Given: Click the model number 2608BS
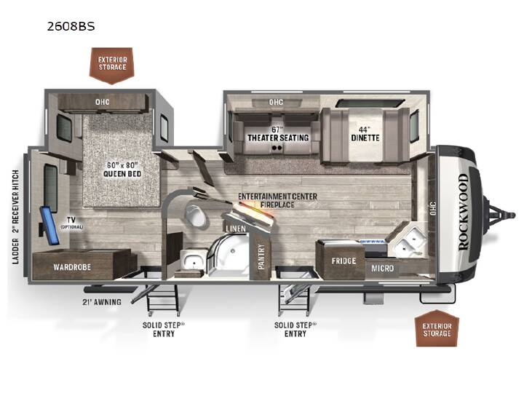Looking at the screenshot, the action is tap(71, 26).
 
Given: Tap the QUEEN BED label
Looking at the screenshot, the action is tap(122, 174).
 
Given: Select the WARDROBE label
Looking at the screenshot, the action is tap(72, 267).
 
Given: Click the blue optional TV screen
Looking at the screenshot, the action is tap(49, 225).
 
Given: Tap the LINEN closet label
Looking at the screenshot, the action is tap(236, 229).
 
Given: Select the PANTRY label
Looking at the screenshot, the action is tap(261, 256).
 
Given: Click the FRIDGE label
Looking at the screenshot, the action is tap(344, 261).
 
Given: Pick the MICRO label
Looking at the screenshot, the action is tap(382, 268).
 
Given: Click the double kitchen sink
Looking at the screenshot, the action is tap(409, 241).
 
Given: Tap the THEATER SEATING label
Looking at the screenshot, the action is tap(278, 138).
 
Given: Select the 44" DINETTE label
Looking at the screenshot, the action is tap(365, 134).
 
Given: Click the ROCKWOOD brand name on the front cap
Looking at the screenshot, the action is tap(464, 213).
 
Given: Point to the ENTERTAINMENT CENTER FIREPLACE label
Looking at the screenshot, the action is tap(277, 201).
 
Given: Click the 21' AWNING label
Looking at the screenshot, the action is tap(102, 302).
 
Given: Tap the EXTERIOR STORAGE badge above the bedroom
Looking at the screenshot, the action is tap(112, 65).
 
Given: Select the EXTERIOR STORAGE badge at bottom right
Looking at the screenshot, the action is tap(437, 329).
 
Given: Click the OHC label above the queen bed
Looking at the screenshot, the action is tap(103, 102).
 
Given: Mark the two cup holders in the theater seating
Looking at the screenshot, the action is tap(277, 147).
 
